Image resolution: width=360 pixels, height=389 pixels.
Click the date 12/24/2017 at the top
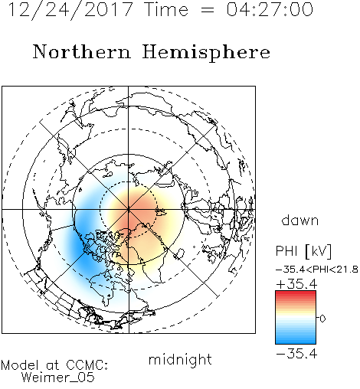tap(70, 10)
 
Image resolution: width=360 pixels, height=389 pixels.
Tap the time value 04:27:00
tap(270, 10)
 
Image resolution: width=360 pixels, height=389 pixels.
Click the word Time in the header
tap(166, 10)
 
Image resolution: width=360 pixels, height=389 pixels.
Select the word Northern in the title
tap(82, 51)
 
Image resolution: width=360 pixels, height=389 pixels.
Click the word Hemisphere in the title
tap(206, 52)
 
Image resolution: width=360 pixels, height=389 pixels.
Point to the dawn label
tap(300, 220)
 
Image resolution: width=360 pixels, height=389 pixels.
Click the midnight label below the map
tap(180, 360)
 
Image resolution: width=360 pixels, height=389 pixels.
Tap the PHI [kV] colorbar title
tap(303, 251)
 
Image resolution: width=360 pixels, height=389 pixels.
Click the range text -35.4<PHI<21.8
tap(317, 270)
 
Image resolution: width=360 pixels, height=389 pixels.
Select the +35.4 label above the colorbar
tap(297, 284)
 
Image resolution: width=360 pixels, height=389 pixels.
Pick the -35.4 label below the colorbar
tap(297, 354)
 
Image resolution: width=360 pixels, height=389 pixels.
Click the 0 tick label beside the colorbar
tap(322, 319)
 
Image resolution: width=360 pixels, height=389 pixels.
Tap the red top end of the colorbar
tap(296, 293)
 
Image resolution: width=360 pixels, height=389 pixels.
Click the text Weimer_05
tap(58, 378)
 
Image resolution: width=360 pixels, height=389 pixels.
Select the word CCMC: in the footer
tap(87, 365)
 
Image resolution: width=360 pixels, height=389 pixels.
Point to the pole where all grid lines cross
tap(129, 210)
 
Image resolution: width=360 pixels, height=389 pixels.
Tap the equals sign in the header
tap(208, 10)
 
